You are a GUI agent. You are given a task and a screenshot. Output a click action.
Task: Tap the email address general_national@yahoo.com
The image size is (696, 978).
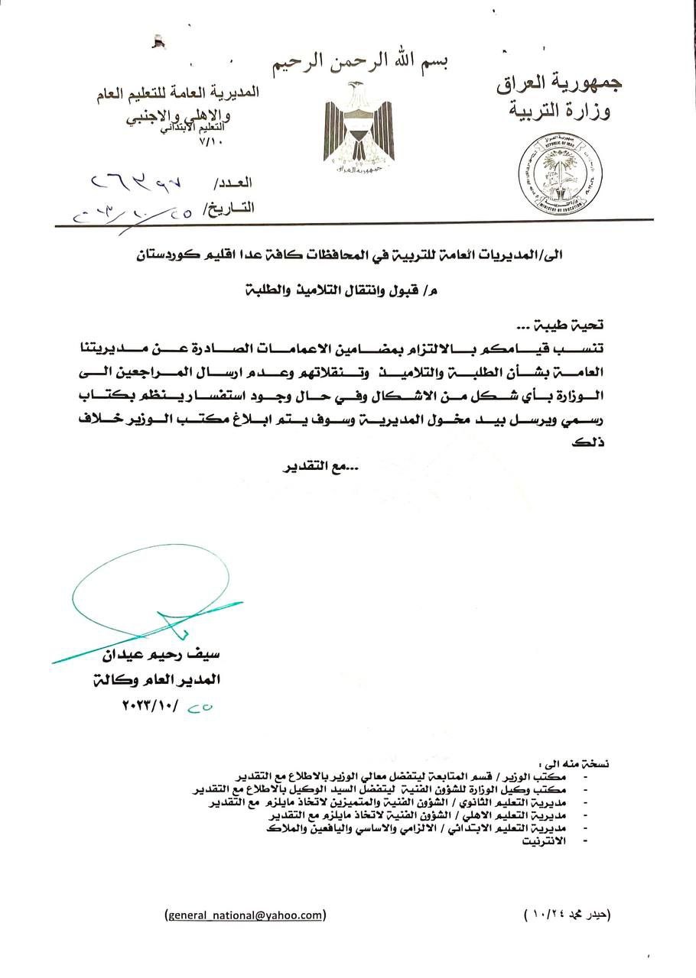246,915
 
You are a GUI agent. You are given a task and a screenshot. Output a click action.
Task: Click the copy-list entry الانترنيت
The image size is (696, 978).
545,840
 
